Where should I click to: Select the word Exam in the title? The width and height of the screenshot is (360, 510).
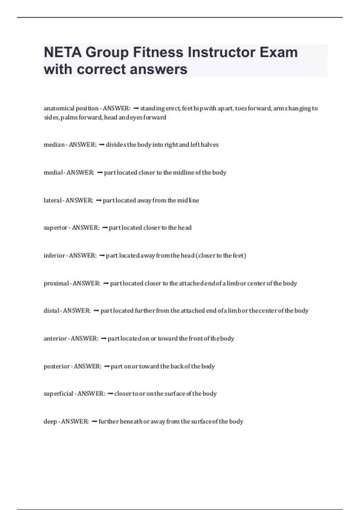[279, 52]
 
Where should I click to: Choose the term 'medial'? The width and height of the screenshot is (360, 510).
[53, 172]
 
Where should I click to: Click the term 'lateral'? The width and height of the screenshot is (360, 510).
[52, 200]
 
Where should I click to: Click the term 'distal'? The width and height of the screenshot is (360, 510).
[51, 311]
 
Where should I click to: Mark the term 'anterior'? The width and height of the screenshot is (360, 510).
[55, 339]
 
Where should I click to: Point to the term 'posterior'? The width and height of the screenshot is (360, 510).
[57, 366]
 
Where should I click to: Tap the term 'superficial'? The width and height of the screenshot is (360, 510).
[58, 394]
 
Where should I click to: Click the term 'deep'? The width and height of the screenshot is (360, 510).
[50, 421]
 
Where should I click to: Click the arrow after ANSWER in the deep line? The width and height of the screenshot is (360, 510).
[94, 421]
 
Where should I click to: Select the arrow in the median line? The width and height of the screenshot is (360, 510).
[101, 145]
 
